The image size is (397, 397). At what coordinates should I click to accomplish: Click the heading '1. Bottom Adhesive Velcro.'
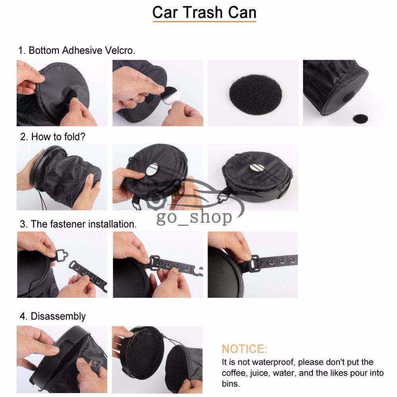tap(77, 51)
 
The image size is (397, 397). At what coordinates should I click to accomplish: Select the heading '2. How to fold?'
tap(53, 137)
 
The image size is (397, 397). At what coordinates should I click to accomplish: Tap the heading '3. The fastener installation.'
tap(78, 224)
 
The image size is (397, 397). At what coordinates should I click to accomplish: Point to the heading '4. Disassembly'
tap(52, 316)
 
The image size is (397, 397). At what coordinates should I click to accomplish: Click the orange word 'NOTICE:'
tap(244, 349)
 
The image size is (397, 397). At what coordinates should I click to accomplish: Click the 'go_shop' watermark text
tap(195, 217)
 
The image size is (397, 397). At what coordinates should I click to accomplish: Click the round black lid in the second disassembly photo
tap(143, 353)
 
